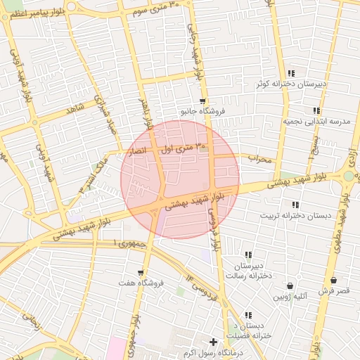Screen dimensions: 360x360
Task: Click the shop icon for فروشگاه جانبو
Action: (202, 101)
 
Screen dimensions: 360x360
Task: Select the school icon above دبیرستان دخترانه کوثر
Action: (291, 73)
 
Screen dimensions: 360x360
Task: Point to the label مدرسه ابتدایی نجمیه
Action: (316, 121)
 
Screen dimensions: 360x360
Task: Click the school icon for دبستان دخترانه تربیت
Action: (295, 205)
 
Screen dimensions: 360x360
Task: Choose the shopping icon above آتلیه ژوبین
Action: (290, 286)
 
